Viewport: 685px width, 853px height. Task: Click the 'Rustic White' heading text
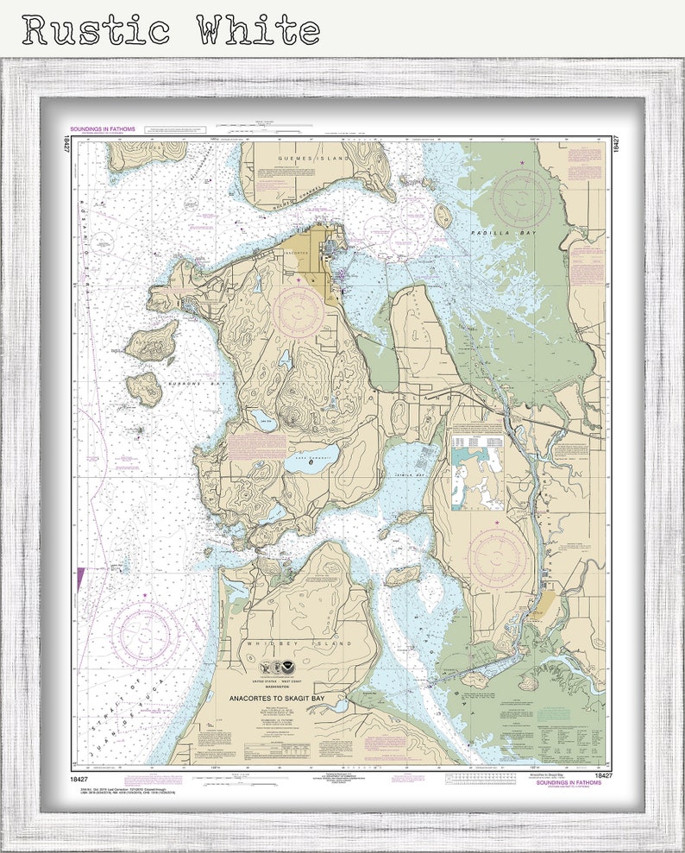(172, 29)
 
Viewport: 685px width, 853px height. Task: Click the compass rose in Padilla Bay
(522, 198)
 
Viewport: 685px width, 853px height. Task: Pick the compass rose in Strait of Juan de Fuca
(145, 635)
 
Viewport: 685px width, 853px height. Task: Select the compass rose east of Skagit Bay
(498, 555)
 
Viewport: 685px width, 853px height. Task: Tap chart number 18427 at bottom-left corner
(81, 775)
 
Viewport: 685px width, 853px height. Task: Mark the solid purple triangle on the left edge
(80, 577)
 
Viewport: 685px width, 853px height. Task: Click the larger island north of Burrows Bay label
(152, 342)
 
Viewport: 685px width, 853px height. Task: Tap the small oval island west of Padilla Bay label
(443, 216)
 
